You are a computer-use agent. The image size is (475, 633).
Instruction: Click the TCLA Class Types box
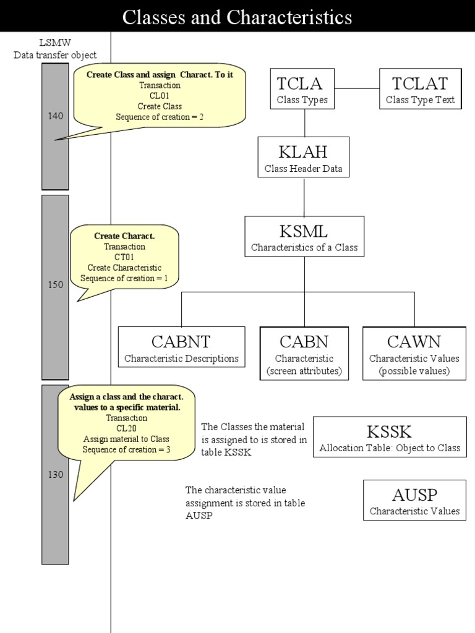pos(303,89)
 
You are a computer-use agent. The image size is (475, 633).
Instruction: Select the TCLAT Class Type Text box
pos(420,89)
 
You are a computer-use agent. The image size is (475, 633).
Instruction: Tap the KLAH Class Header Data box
pos(303,157)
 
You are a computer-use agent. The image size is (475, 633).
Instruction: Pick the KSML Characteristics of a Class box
pos(304,237)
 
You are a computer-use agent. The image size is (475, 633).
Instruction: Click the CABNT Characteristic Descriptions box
pos(181,347)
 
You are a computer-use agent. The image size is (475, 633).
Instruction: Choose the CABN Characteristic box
pos(304,353)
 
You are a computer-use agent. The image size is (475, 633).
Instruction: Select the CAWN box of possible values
pos(414,353)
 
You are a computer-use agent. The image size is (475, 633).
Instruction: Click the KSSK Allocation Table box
pos(390,436)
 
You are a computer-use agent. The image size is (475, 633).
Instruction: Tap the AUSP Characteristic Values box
pos(414,500)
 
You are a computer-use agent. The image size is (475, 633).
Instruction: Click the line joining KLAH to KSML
pos(304,197)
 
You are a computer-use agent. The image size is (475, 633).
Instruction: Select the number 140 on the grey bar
pos(55,116)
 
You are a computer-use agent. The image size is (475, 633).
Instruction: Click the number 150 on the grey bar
pos(55,285)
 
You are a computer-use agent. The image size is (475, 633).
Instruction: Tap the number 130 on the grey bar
pos(55,474)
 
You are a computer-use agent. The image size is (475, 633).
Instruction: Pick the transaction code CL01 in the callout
pos(160,96)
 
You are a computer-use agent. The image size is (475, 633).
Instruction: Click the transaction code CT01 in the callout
pos(124,257)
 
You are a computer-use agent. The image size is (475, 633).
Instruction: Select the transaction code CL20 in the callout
pos(126,428)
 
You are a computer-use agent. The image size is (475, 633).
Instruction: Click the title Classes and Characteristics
pos(237,17)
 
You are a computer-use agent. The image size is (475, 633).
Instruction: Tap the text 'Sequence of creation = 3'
pos(126,449)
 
